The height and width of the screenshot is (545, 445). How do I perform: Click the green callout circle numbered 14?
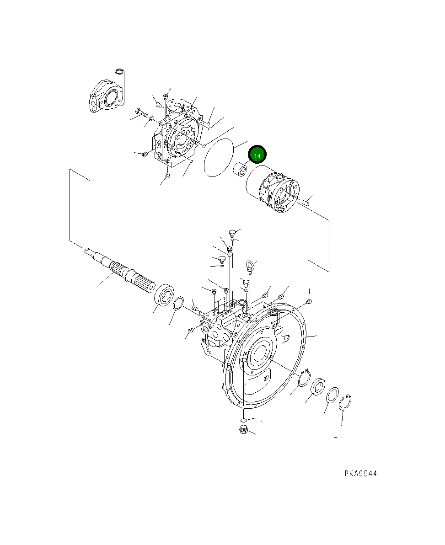pos(257,156)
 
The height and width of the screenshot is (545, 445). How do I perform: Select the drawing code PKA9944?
pos(360,474)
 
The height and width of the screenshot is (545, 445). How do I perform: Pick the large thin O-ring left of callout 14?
pos(219,158)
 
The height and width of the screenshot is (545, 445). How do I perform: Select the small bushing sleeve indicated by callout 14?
pos(241,171)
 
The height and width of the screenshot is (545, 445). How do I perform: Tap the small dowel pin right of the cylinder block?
pos(309,200)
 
